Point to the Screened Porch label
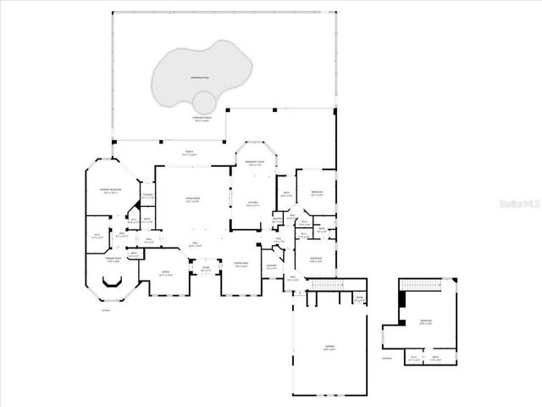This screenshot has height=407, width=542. (x=202, y=118)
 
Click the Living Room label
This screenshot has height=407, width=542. (x=193, y=200)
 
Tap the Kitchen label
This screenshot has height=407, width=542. (x=252, y=203)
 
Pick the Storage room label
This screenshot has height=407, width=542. (x=147, y=196)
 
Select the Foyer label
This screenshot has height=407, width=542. (x=205, y=269)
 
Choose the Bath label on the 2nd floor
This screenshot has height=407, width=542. (x=435, y=357)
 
